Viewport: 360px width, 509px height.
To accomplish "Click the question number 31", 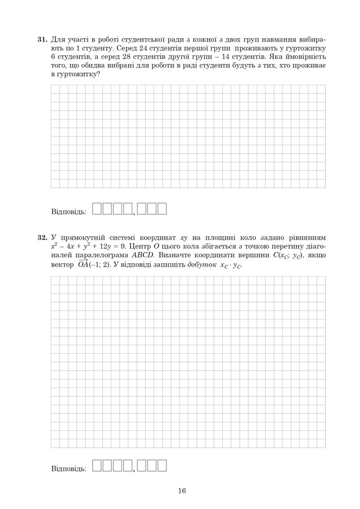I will [x=41, y=40].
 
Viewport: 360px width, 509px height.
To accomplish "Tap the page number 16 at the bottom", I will [x=181, y=490].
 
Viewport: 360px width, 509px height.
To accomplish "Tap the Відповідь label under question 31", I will [x=68, y=213].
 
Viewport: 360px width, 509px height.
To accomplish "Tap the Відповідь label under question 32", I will [x=68, y=468].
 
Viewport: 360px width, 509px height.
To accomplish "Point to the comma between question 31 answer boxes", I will [x=134, y=214].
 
